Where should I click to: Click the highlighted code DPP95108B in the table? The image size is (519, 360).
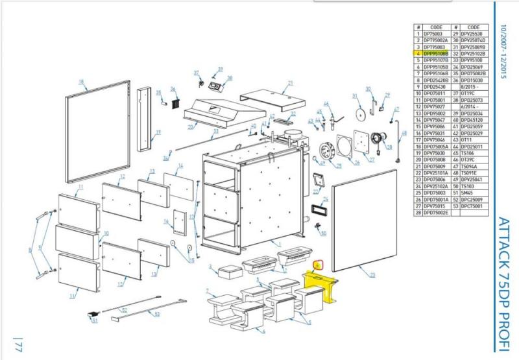[436, 53]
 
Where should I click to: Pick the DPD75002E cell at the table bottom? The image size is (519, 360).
[436, 213]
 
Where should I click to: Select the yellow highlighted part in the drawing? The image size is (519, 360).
[321, 285]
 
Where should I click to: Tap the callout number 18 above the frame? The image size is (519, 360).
[81, 81]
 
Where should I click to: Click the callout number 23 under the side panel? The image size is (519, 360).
[372, 275]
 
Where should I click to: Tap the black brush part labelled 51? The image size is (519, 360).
[91, 315]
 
